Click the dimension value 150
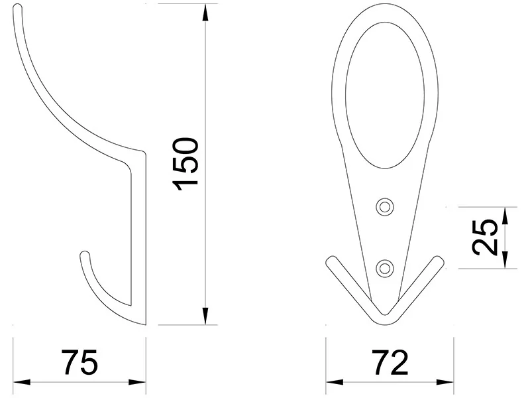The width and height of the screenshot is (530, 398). coord(185,164)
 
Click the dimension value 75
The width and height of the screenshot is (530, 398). coord(79,362)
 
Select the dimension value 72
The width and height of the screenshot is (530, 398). coord(390,362)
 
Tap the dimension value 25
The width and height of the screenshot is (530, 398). coord(485,237)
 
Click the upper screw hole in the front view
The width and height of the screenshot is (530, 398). coord(385,206)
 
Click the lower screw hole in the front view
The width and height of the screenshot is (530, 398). coord(385,269)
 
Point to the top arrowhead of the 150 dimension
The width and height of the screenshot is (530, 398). coord(205,13)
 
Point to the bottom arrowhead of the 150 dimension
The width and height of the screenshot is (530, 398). coord(205,316)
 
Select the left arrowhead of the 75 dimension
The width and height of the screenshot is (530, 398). coord(22,383)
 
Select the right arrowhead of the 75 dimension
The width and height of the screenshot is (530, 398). coord(137,383)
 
